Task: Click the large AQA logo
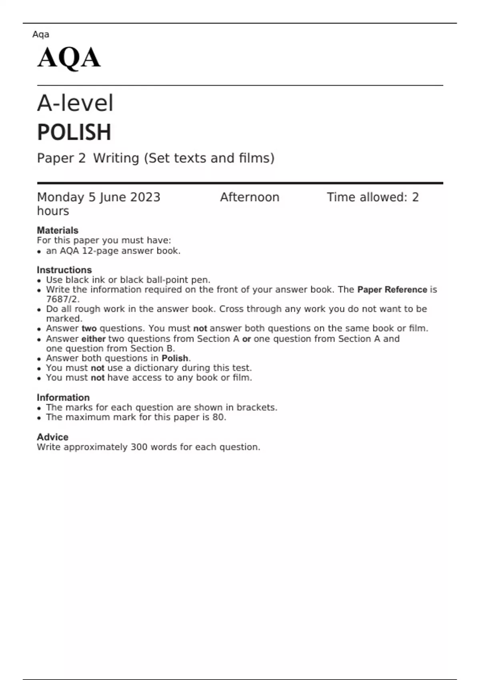tap(69, 58)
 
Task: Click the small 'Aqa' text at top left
tap(41, 34)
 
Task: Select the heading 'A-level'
tap(75, 103)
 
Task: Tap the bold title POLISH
tap(74, 132)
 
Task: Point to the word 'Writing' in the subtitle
tap(116, 158)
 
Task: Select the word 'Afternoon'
tap(250, 197)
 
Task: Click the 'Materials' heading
tap(57, 230)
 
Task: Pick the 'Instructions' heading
tap(64, 270)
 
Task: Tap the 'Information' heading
tap(63, 398)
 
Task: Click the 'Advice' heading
tap(52, 437)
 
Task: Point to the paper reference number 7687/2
tap(62, 299)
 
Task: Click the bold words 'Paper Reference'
tap(392, 290)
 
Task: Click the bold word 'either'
tap(93, 339)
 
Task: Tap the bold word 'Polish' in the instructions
tap(175, 358)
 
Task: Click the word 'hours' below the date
tap(53, 211)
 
